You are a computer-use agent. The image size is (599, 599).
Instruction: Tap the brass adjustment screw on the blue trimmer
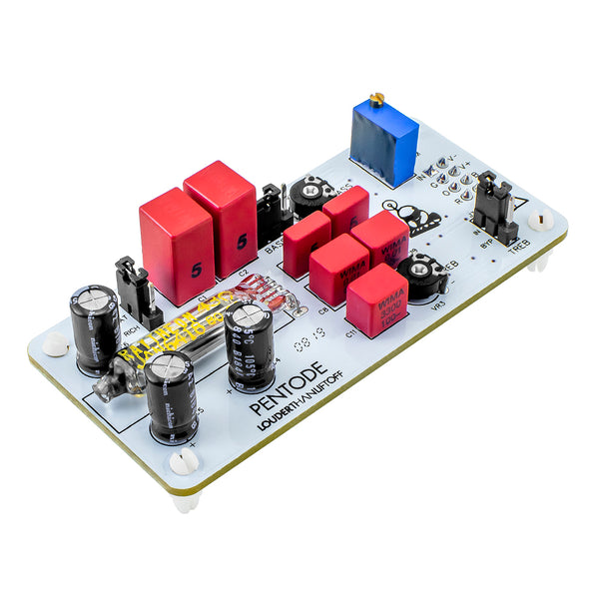[x=376, y=99]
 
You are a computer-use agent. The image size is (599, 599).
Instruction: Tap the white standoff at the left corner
[x=56, y=343]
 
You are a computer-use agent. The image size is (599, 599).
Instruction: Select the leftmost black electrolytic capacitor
[x=95, y=327]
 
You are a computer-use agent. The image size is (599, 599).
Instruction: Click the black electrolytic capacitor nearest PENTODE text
[x=250, y=344]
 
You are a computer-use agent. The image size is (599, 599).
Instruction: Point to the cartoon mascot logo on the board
[x=405, y=217]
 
